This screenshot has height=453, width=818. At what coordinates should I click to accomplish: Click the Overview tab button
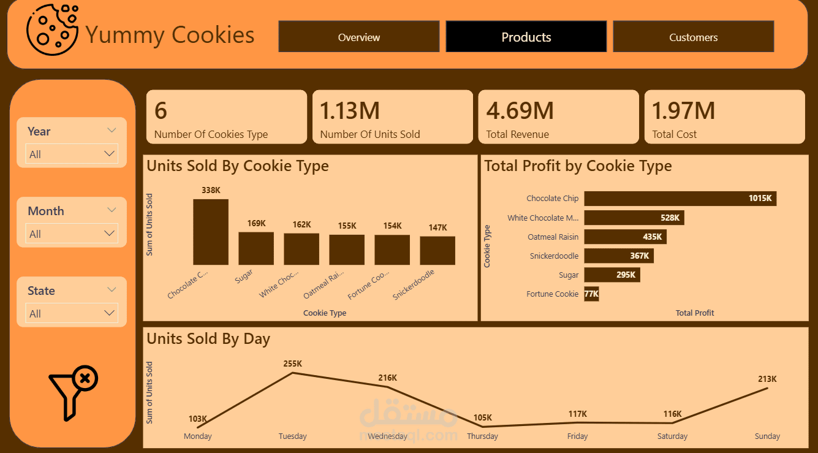359,37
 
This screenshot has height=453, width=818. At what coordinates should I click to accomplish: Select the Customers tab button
693,37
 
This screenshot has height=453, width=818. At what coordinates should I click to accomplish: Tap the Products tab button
526,37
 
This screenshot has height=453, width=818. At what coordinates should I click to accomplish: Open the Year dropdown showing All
72,154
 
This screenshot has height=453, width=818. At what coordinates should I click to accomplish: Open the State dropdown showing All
72,313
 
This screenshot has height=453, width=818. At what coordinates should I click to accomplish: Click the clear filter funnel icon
73,394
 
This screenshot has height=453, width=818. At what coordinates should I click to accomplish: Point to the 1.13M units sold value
350,111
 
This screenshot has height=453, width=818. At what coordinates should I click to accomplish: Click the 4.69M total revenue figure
520,111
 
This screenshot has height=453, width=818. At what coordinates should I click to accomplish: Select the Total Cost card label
674,134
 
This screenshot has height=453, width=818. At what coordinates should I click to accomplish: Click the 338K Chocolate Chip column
211,232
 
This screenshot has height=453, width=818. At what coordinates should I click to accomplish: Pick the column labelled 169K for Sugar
256,248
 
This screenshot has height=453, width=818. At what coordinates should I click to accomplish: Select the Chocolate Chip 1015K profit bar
680,199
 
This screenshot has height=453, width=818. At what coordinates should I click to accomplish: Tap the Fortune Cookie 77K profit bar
591,294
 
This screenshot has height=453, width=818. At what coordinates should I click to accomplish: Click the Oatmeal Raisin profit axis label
553,237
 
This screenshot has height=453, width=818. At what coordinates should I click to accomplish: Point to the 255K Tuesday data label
293,364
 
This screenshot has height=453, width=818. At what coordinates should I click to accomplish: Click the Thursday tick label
482,436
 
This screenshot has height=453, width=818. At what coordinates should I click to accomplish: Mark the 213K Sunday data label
767,379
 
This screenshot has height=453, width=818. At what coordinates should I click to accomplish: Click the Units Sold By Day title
208,339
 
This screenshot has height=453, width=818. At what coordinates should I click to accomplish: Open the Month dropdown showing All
72,234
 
